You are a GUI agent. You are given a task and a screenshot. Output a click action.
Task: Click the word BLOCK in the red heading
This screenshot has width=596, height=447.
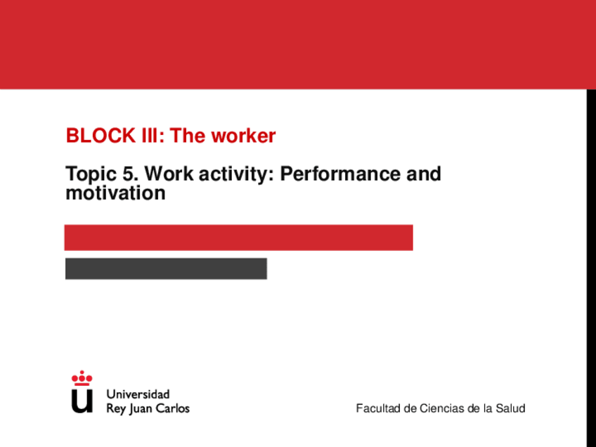pos(101,136)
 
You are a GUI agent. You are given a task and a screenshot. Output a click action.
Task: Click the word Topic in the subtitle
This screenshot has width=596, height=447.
pos(91,175)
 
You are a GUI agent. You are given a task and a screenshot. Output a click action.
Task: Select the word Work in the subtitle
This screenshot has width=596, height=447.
pos(169,174)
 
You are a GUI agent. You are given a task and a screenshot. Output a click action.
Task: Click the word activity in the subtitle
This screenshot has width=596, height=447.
pos(236,175)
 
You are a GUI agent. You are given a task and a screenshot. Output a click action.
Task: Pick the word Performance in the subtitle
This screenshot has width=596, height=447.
pos(340,174)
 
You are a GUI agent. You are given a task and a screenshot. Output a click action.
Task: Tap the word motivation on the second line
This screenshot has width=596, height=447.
pos(115,193)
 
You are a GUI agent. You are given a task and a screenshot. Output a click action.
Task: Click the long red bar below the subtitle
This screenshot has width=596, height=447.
pos(239,238)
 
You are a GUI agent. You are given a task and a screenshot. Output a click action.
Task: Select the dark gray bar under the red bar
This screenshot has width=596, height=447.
pos(166,268)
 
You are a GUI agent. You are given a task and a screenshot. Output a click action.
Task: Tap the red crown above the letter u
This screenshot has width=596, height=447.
pos(82,378)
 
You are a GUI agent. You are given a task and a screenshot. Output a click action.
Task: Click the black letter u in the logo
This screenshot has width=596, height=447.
pos(82,401)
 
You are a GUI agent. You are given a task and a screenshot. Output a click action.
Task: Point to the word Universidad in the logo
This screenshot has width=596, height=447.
pos(138,394)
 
